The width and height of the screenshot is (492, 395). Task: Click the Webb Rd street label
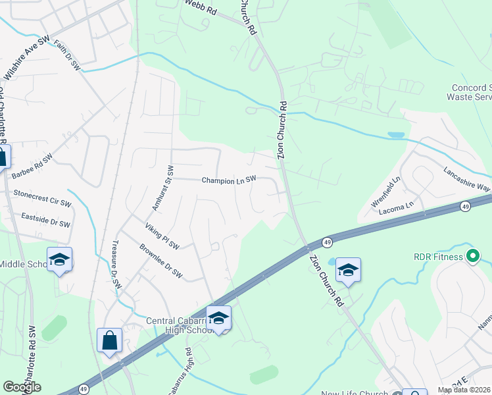201,8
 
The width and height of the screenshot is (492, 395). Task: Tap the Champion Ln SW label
229,180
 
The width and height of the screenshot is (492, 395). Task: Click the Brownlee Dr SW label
160,262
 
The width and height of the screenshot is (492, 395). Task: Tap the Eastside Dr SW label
45,220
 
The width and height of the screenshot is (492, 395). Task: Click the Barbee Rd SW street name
32,167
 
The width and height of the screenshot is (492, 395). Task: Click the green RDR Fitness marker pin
472,256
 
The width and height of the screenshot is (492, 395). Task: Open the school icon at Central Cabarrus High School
218,318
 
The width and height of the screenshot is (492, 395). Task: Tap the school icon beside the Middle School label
59,259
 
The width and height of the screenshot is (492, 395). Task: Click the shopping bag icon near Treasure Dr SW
110,340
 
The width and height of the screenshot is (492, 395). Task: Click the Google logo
22,386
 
